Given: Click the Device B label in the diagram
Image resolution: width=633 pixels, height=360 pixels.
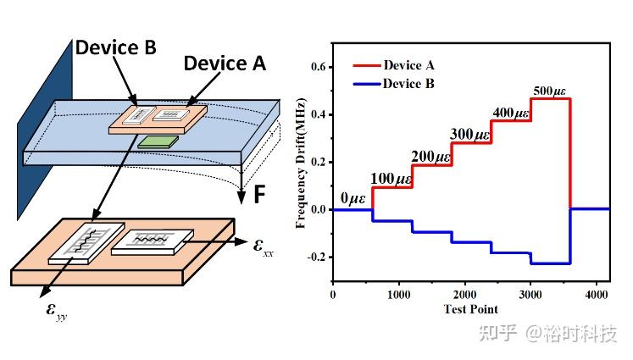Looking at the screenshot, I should coord(114,47).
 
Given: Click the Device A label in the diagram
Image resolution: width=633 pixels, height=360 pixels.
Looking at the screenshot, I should coord(225,63).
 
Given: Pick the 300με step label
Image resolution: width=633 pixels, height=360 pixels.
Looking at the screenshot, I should coord(471,134).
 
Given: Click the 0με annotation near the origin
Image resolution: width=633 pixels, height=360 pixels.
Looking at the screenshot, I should coord(352,199).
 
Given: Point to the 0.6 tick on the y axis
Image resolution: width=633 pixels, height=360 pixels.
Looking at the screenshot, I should coord(318,67).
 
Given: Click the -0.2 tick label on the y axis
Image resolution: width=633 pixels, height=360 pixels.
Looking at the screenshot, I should coord(315,257).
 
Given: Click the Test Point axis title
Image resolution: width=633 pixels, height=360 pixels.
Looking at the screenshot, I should coord(470,309).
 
